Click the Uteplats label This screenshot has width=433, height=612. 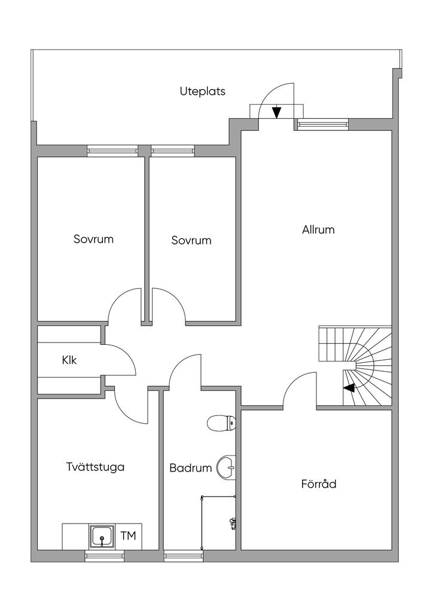click(x=202, y=91)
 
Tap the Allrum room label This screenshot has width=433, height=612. click(x=318, y=229)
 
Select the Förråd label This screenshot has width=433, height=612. click(x=318, y=484)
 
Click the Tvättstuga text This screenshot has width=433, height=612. click(x=96, y=467)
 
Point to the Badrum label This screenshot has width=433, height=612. click(x=190, y=468)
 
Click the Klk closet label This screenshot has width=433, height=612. click(x=69, y=360)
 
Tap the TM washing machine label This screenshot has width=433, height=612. click(x=128, y=535)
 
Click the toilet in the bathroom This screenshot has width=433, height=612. click(x=221, y=424)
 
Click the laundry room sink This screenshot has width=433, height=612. click(x=102, y=537)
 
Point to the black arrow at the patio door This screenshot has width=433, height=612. click(x=277, y=112)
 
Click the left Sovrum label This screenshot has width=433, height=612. click(x=93, y=239)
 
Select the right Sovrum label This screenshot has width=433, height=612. click(x=191, y=240)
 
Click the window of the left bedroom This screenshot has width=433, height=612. click(x=112, y=150)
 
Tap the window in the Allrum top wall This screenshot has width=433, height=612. click(x=323, y=124)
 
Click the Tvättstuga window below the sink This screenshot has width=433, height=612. click(x=104, y=556)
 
